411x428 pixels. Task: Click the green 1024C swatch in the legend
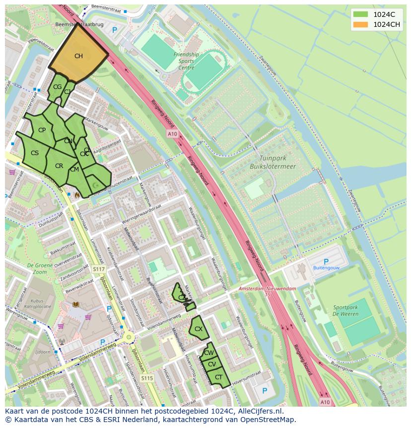click(361, 14)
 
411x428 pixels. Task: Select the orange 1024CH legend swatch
click(361, 24)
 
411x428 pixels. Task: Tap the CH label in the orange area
click(78, 56)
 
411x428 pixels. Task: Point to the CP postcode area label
click(42, 130)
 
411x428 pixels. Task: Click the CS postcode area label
click(35, 153)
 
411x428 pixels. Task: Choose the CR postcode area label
click(59, 166)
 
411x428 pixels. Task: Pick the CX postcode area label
click(198, 329)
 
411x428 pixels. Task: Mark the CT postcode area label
click(218, 377)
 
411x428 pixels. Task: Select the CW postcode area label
click(209, 353)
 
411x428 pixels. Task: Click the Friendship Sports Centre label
click(186, 61)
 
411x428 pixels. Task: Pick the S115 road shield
click(146, 378)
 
